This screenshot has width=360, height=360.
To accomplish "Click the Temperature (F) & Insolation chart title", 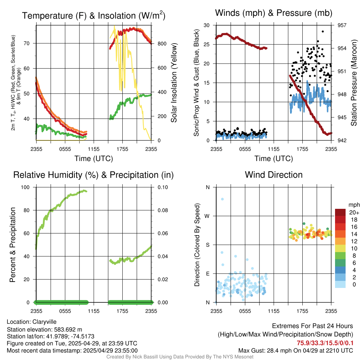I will [94, 15].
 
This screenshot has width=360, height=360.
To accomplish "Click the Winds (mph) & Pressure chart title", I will [274, 13].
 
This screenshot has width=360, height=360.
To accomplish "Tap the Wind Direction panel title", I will [274, 175].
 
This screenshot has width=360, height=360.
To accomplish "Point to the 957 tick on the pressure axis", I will [342, 25].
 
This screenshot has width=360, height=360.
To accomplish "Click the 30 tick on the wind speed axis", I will [207, 25].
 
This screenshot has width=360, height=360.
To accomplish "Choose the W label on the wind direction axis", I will [207, 216].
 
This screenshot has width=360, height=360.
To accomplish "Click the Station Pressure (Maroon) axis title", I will [354, 83].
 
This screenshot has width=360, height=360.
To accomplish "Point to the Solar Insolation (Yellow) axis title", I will [174, 83].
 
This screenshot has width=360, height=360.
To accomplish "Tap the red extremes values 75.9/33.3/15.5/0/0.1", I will [325, 343].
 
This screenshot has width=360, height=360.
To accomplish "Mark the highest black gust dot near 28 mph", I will [323, 31].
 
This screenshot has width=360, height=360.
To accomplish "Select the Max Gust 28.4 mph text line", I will [295, 350].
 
